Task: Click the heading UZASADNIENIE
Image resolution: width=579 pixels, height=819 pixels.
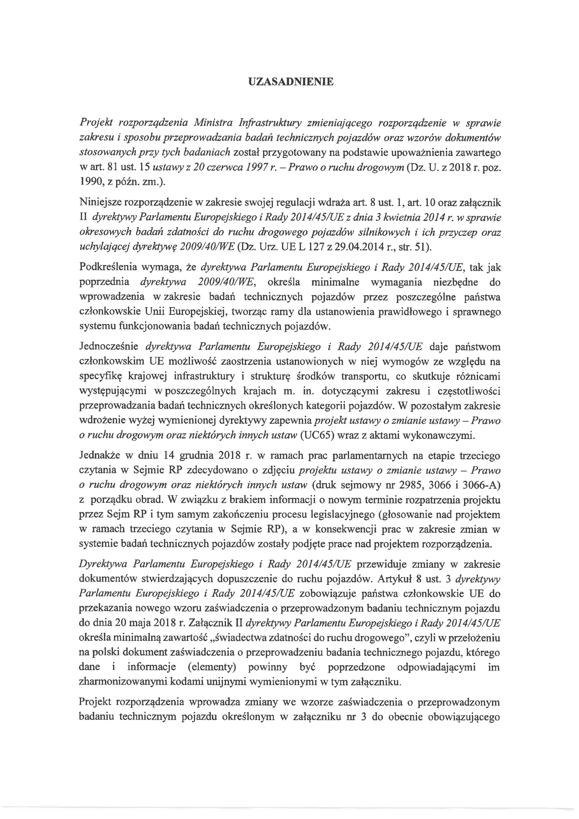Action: (291, 82)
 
